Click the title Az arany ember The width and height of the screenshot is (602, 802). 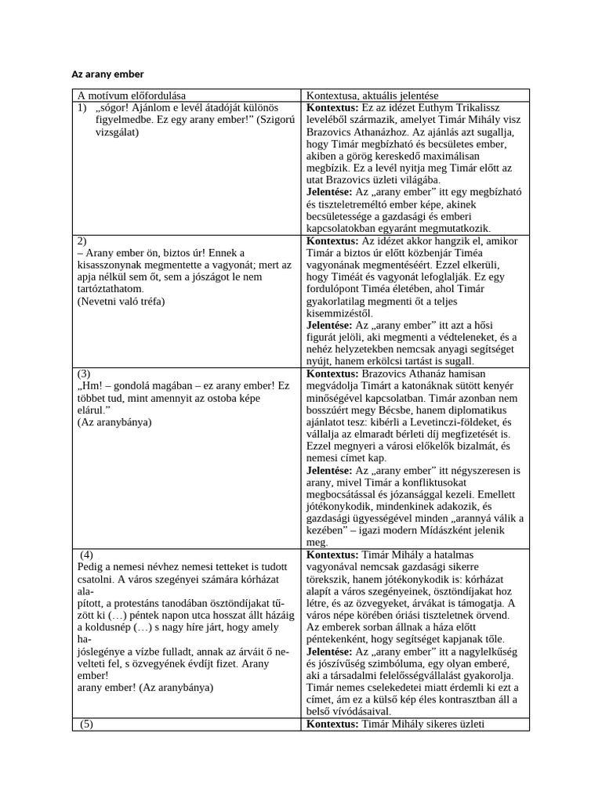pyautogui.click(x=108, y=74)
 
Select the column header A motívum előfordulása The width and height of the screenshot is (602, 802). pyautogui.click(x=136, y=96)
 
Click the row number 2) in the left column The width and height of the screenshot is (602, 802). pyautogui.click(x=82, y=241)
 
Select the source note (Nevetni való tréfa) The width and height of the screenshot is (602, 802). pyautogui.click(x=121, y=301)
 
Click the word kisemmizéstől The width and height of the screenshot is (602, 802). pyautogui.click(x=341, y=313)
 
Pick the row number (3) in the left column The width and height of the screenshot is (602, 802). pyautogui.click(x=85, y=374)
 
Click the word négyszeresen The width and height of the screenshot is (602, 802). pyautogui.click(x=470, y=470)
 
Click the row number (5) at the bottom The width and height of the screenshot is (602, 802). pyautogui.click(x=86, y=724)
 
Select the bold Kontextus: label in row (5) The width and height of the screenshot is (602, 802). pyautogui.click(x=332, y=724)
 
